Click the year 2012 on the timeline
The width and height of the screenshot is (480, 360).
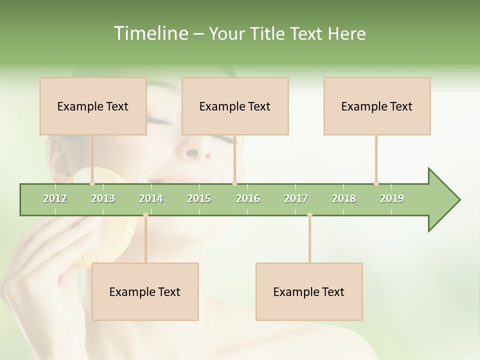pos(55,198)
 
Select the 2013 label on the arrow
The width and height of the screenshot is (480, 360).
pos(103,198)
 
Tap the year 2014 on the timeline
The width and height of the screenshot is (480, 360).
pos(151,198)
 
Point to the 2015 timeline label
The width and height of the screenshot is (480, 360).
pos(199,198)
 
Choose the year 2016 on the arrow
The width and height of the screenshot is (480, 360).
pos(248,198)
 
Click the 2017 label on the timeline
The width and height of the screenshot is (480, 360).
pos(296,198)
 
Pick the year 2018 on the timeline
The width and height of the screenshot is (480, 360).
pos(344,198)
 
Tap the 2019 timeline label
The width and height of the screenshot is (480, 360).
pos(392,198)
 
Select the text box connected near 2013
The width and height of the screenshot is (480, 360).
pos(93,106)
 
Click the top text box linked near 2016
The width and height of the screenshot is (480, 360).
pos(235,106)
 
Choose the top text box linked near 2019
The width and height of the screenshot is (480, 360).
pos(377,106)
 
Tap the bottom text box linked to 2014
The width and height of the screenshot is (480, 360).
pos(145,292)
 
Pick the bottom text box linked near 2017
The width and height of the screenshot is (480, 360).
pos(309,292)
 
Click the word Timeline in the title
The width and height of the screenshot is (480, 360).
pos(150,33)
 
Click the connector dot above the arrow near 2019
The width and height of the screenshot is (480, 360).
pos(376,183)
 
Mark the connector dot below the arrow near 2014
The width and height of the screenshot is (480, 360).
pos(145,215)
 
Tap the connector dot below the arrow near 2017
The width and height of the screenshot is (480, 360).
pos(309,215)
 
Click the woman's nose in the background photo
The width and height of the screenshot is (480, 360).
pos(192,150)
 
